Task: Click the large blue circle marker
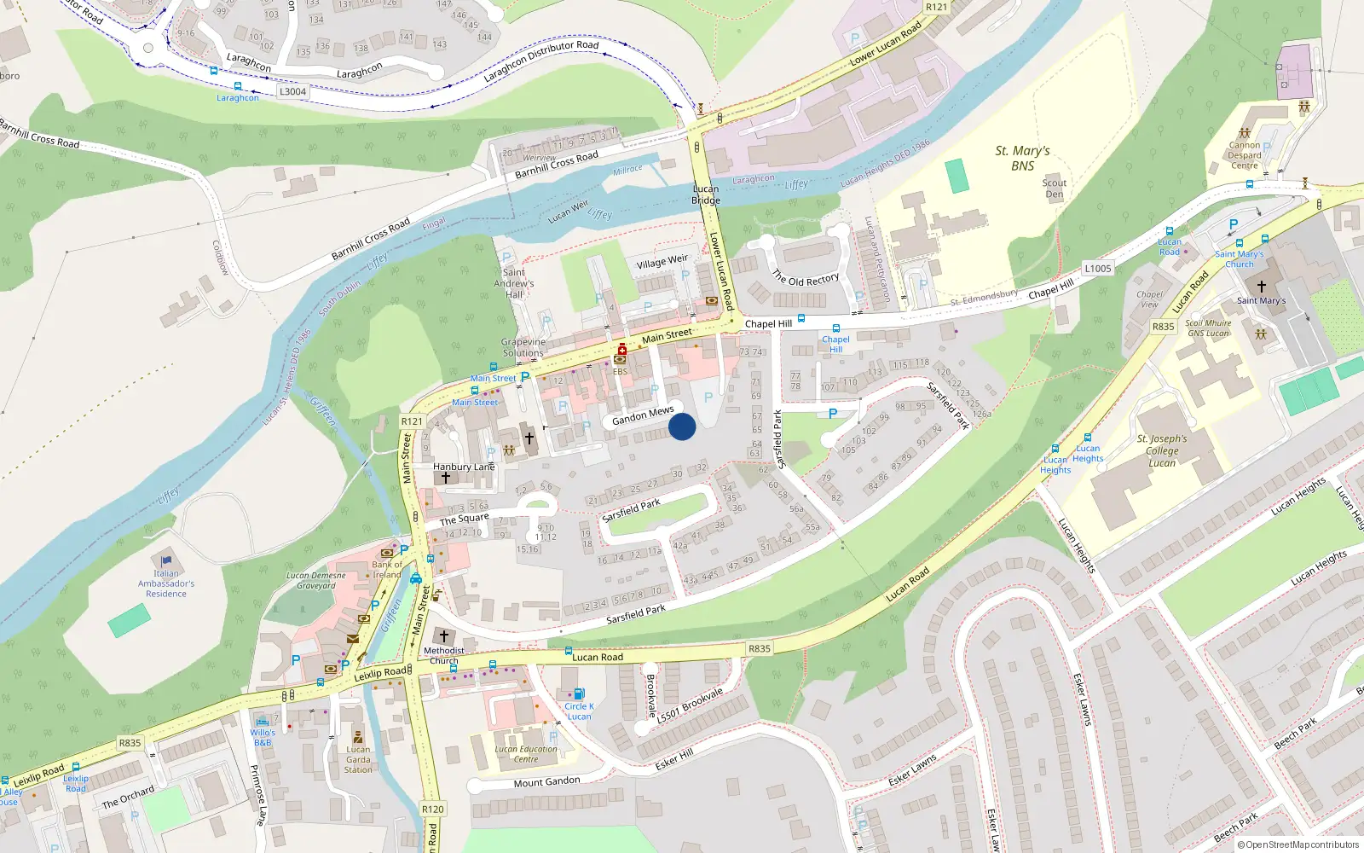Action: coord(682,426)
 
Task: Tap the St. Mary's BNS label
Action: coord(1022,158)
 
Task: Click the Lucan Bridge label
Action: coord(706,194)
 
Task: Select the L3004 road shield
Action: coord(292,91)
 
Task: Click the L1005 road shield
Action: coord(1098,268)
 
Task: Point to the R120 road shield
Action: coord(433,809)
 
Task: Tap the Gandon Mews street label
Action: coord(643,415)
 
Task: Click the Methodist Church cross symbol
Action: coord(443,636)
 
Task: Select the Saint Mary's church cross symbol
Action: coord(1262,287)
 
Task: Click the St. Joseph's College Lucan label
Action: coord(1162,450)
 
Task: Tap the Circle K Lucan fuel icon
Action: coord(580,693)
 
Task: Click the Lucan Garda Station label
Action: coord(358,759)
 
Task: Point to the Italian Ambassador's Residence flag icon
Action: coord(166,560)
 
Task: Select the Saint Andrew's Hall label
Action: coord(514,283)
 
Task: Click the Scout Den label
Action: coord(1055,189)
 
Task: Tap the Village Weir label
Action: coord(662,261)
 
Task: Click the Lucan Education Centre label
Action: coord(526,754)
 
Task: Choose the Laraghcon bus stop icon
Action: coord(238,86)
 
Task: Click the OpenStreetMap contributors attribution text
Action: coord(1298,844)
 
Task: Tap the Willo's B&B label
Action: coord(263,737)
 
